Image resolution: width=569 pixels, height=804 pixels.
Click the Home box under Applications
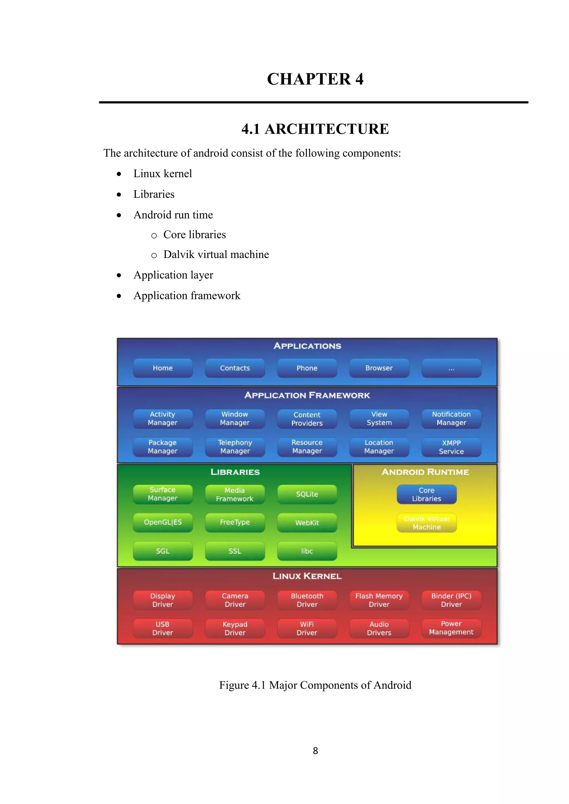[x=163, y=368]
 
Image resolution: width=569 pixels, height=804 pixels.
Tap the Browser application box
[x=379, y=368]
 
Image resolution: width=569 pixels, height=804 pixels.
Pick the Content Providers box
[x=307, y=419]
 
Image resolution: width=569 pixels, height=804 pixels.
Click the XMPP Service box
[x=451, y=447]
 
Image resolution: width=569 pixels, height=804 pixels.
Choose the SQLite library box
[x=307, y=494]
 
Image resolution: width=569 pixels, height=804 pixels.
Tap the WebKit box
[x=307, y=522]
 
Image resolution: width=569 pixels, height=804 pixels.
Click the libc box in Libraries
[x=307, y=551]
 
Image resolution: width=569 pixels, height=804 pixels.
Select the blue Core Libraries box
[x=426, y=494]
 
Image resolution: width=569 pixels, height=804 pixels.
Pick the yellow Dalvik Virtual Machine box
[x=426, y=522]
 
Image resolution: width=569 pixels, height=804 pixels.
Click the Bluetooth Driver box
[x=307, y=600]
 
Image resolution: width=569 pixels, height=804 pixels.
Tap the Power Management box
[x=451, y=628]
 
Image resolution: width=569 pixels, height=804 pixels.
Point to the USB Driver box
[x=163, y=628]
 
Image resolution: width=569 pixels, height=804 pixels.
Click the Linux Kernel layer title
[x=307, y=576]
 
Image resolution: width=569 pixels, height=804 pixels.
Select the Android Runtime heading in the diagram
[x=425, y=472]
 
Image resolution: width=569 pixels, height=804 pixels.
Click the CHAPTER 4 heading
[x=315, y=79]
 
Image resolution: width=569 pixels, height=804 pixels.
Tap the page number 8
[x=315, y=750]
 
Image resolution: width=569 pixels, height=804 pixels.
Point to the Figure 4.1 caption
[x=315, y=685]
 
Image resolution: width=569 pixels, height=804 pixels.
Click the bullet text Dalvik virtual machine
[x=216, y=254]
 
